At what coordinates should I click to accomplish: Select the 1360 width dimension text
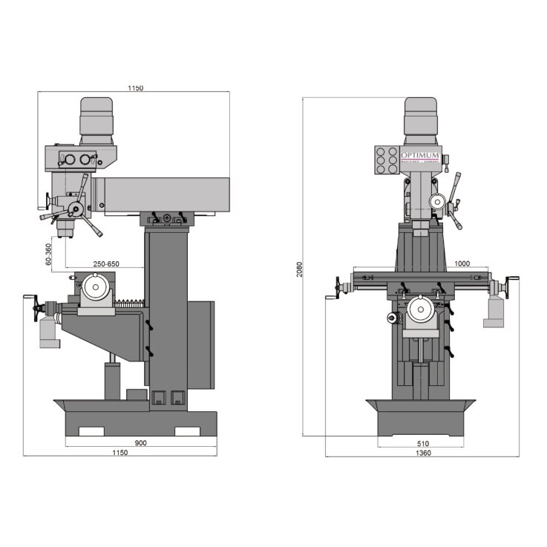pos(424,453)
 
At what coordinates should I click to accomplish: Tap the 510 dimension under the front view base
pos(424,443)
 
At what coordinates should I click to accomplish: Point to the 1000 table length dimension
pos(462,263)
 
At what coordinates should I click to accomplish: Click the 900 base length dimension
pos(142,443)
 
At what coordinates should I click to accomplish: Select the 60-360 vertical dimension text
pos(48,254)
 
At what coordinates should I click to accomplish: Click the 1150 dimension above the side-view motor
pos(134,88)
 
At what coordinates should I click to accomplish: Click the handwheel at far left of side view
pos(33,308)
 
